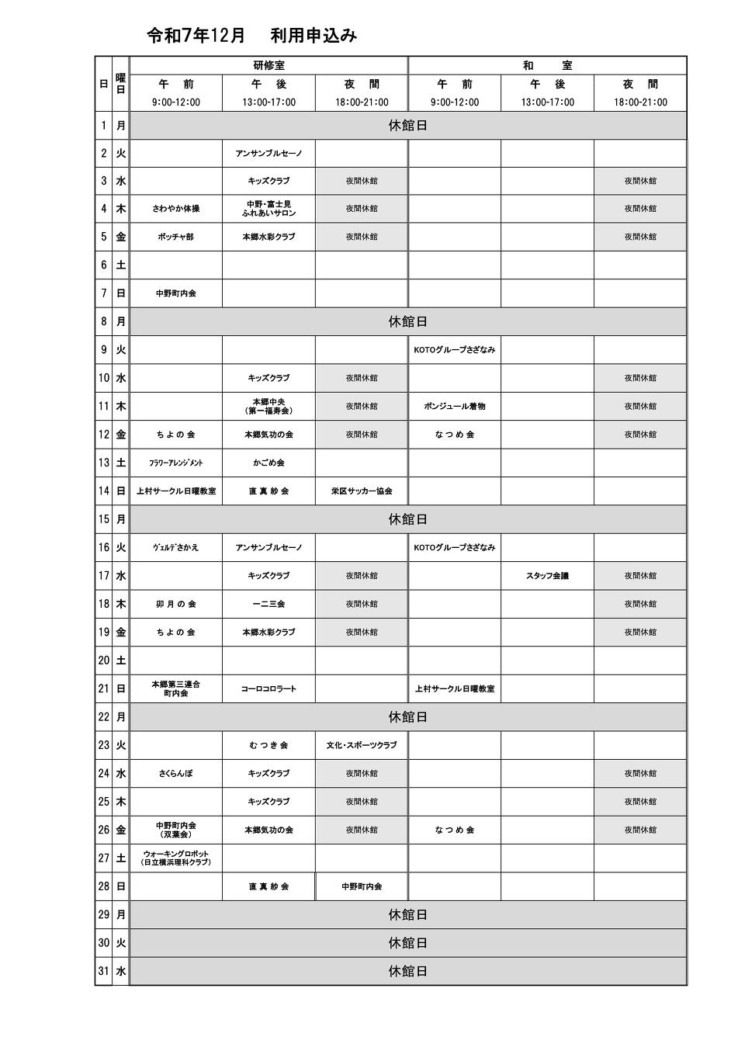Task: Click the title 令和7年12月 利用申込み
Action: tap(251, 36)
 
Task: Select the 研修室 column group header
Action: tap(269, 66)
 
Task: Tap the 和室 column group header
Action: tap(547, 66)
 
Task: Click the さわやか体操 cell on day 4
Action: tap(176, 209)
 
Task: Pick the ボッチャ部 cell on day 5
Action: tap(176, 237)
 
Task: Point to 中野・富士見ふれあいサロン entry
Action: tap(269, 209)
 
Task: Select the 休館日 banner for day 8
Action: tap(407, 321)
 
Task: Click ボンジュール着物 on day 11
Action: tap(455, 406)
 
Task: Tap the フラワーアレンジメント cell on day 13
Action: tap(176, 463)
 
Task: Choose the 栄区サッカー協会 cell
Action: tap(362, 491)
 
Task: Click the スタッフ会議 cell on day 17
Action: tap(547, 576)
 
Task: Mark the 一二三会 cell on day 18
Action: tap(269, 604)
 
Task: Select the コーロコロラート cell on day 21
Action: tap(269, 688)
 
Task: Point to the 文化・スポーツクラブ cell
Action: tap(362, 745)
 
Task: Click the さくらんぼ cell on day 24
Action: tap(176, 773)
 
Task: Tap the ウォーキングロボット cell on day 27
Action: tap(176, 858)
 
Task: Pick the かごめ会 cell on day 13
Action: tap(269, 463)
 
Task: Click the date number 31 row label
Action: tap(103, 971)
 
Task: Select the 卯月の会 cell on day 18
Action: tap(176, 604)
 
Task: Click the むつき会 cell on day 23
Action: tap(269, 745)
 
